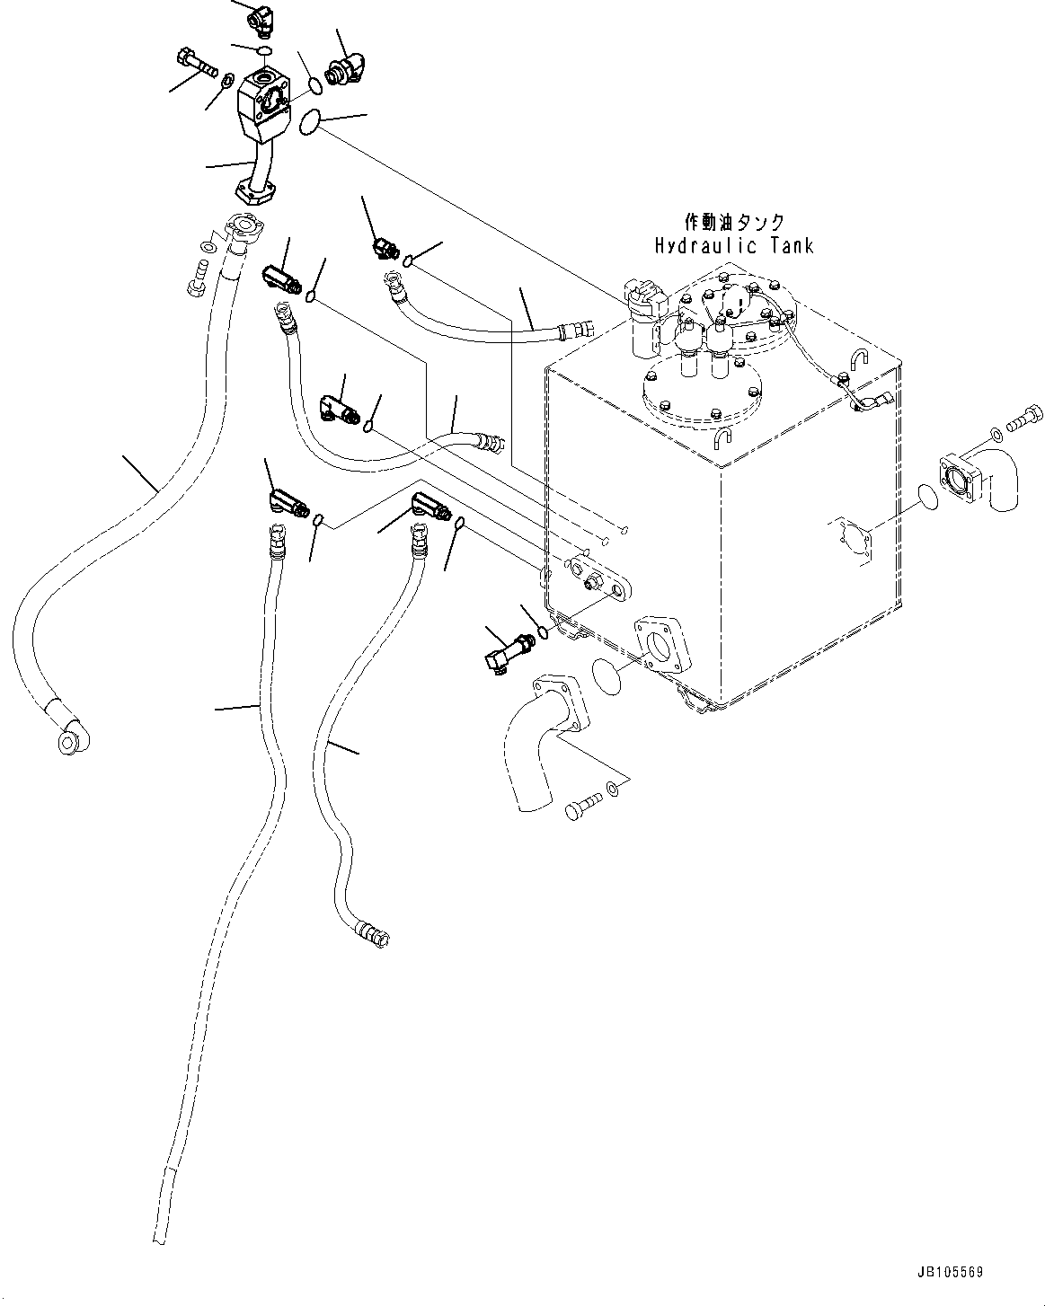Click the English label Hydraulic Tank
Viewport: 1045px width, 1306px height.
point(734,245)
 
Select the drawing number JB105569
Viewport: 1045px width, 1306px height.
point(952,1273)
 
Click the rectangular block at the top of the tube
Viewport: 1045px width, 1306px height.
point(262,110)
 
